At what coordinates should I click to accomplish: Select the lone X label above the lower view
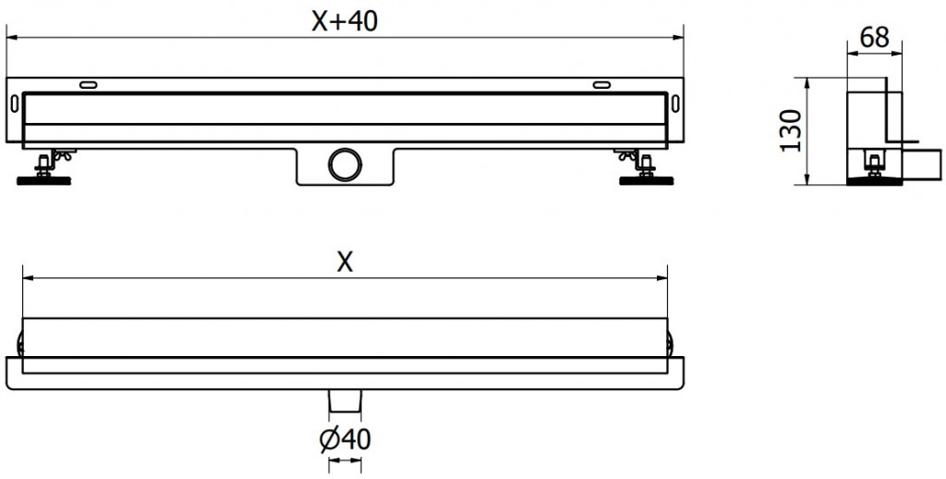pos(344,263)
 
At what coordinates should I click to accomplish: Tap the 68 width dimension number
pos(873,38)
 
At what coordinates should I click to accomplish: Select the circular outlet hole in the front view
pos(344,164)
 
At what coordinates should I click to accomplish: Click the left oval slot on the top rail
pos(89,85)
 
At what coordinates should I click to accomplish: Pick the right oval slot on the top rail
pos(601,85)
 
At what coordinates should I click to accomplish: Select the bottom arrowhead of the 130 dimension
pos(809,179)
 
